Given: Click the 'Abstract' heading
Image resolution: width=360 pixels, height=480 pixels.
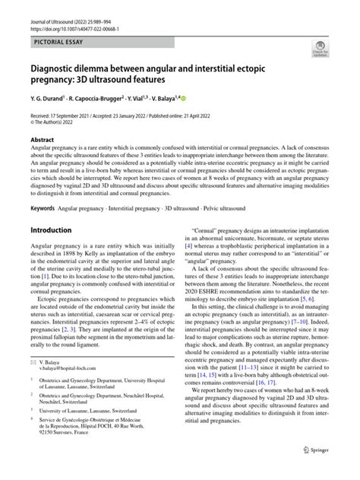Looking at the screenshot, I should click(43, 140).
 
